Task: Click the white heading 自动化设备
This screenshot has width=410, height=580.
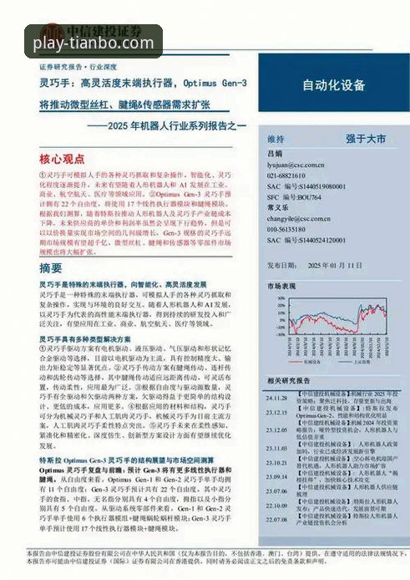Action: click(333, 84)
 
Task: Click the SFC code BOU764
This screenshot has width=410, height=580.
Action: click(307, 197)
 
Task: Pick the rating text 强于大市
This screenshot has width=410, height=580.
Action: click(366, 138)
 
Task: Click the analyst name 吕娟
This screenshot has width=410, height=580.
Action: click(276, 155)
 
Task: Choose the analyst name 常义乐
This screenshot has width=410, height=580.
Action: click(278, 208)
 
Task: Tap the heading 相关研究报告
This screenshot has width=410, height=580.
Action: click(289, 380)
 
